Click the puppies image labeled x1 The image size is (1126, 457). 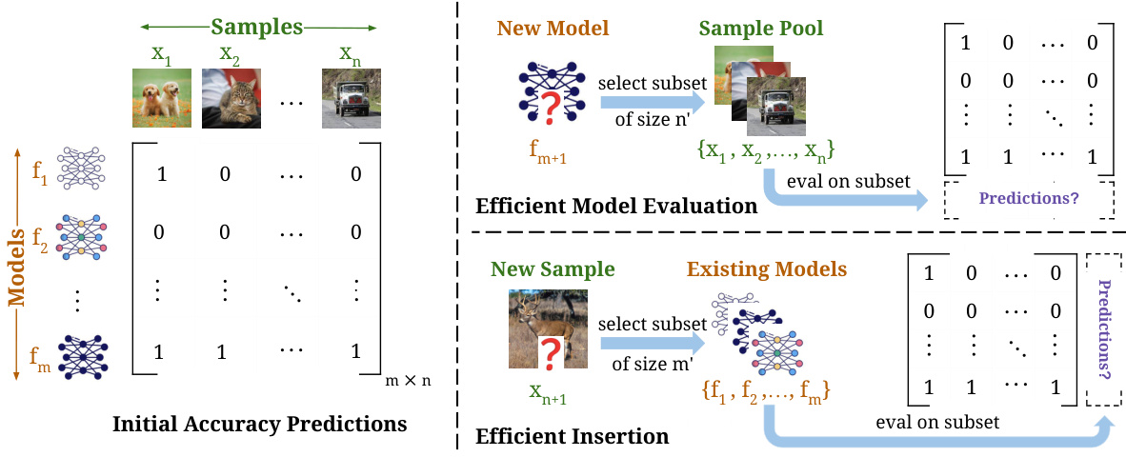point(161,98)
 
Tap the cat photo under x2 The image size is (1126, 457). point(230,98)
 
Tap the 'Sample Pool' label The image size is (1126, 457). point(761,28)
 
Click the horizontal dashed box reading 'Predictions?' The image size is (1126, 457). point(1029,199)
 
